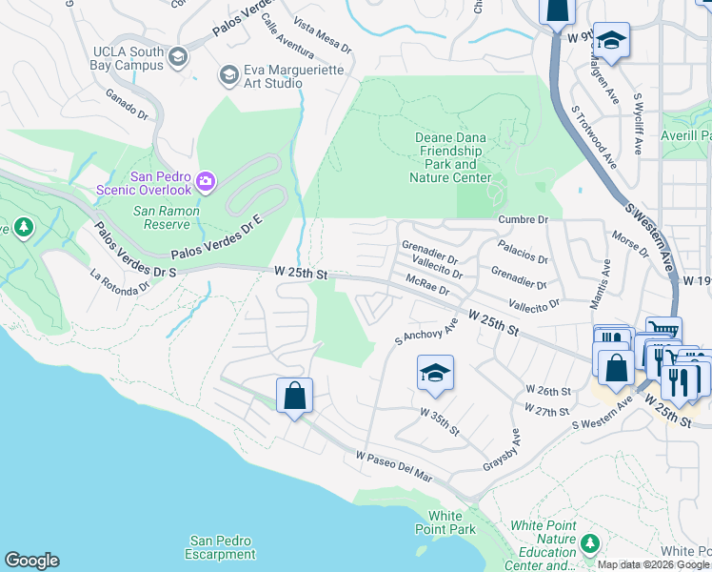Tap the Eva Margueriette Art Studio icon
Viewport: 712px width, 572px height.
click(x=228, y=73)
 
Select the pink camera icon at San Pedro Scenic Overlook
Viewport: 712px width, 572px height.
click(x=206, y=181)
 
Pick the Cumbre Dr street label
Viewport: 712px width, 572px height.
click(x=524, y=219)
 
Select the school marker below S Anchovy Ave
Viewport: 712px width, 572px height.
click(x=435, y=373)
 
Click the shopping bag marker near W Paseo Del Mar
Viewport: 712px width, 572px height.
click(x=294, y=395)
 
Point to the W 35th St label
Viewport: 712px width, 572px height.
click(x=441, y=419)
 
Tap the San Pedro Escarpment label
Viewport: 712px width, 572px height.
click(x=221, y=547)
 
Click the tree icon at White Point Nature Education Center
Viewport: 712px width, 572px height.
click(x=590, y=543)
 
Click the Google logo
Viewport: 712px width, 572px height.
click(x=31, y=561)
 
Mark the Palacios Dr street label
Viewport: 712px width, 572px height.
click(x=524, y=258)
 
